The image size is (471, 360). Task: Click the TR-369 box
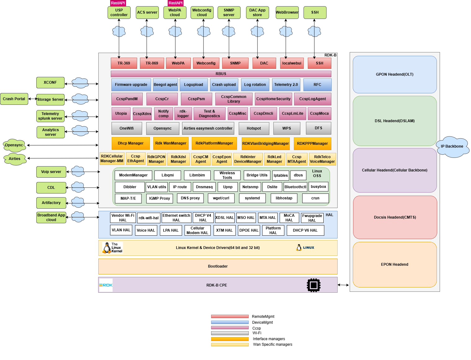click(124, 63)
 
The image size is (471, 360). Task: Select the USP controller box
click(119, 12)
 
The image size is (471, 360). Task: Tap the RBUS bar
click(221, 74)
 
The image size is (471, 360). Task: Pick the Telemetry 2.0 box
click(286, 85)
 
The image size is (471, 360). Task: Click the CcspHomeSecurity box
click(273, 99)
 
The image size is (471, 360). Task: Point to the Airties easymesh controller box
click(208, 128)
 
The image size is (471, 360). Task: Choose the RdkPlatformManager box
click(214, 143)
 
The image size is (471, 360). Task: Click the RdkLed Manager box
click(274, 159)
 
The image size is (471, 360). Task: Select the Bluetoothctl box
click(295, 187)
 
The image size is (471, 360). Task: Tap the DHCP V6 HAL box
click(305, 230)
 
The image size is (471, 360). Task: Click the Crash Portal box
click(14, 99)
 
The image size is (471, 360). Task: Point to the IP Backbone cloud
click(452, 146)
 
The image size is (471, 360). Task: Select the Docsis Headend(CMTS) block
click(395, 217)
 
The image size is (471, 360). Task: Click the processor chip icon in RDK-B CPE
click(313, 285)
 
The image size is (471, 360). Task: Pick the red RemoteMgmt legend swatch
click(230, 317)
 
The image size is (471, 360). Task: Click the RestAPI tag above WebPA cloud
click(175, 3)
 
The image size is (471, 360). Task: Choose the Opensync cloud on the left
click(14, 145)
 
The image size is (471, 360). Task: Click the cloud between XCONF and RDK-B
click(80, 83)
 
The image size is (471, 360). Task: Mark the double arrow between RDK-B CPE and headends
click(343, 285)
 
